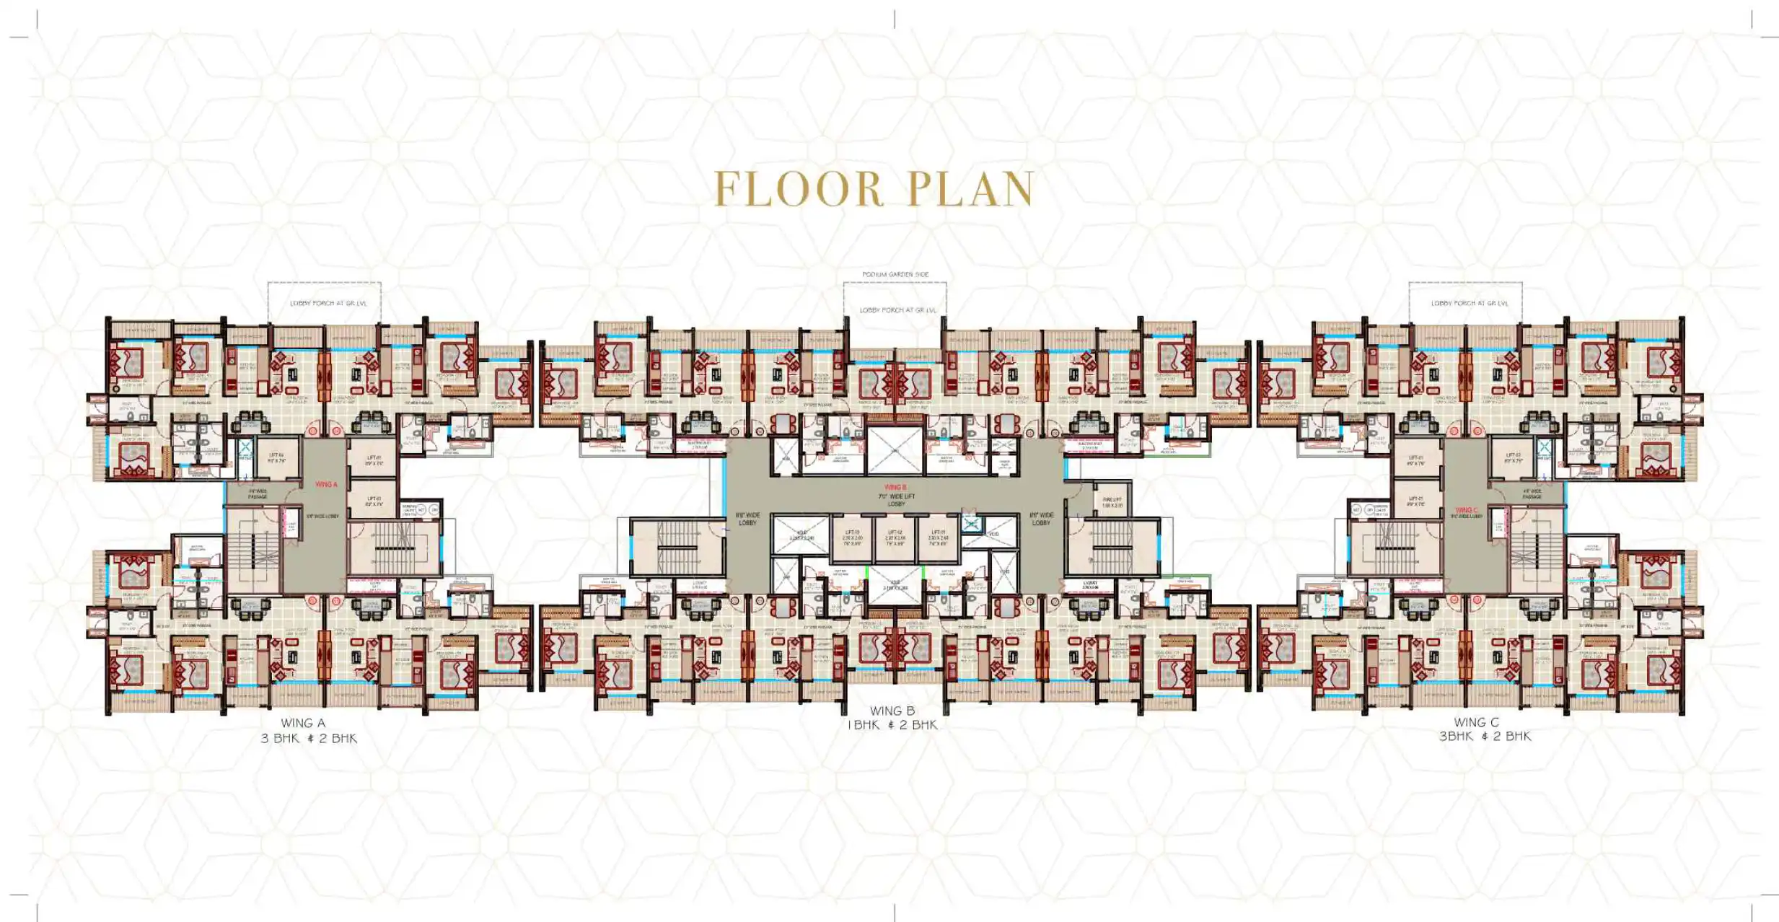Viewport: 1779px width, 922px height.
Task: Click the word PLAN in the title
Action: click(x=970, y=189)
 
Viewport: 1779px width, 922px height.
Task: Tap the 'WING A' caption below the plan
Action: click(x=303, y=723)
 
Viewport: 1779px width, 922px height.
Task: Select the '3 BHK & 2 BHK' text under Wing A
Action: click(x=309, y=738)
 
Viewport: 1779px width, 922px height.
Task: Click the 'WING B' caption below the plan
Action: click(x=892, y=711)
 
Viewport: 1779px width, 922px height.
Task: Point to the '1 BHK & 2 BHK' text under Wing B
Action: click(x=892, y=725)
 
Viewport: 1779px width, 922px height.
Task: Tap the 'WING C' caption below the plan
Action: click(x=1476, y=722)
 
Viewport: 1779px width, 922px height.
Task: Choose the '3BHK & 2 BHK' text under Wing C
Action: click(x=1485, y=737)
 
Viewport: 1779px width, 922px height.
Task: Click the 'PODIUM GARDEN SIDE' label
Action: click(x=895, y=275)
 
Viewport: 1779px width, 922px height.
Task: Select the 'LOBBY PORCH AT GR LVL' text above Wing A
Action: click(x=328, y=304)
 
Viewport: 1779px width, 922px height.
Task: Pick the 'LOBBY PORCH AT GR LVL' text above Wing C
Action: click(x=1470, y=304)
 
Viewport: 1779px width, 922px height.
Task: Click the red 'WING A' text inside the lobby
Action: click(x=326, y=485)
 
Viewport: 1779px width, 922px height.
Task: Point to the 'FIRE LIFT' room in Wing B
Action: click(x=1112, y=502)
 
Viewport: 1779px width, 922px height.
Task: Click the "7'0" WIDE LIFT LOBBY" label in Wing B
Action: click(x=896, y=500)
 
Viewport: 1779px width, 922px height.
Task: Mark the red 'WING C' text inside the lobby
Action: click(x=1466, y=510)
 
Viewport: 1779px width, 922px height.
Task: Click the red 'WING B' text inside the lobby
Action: click(x=895, y=488)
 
